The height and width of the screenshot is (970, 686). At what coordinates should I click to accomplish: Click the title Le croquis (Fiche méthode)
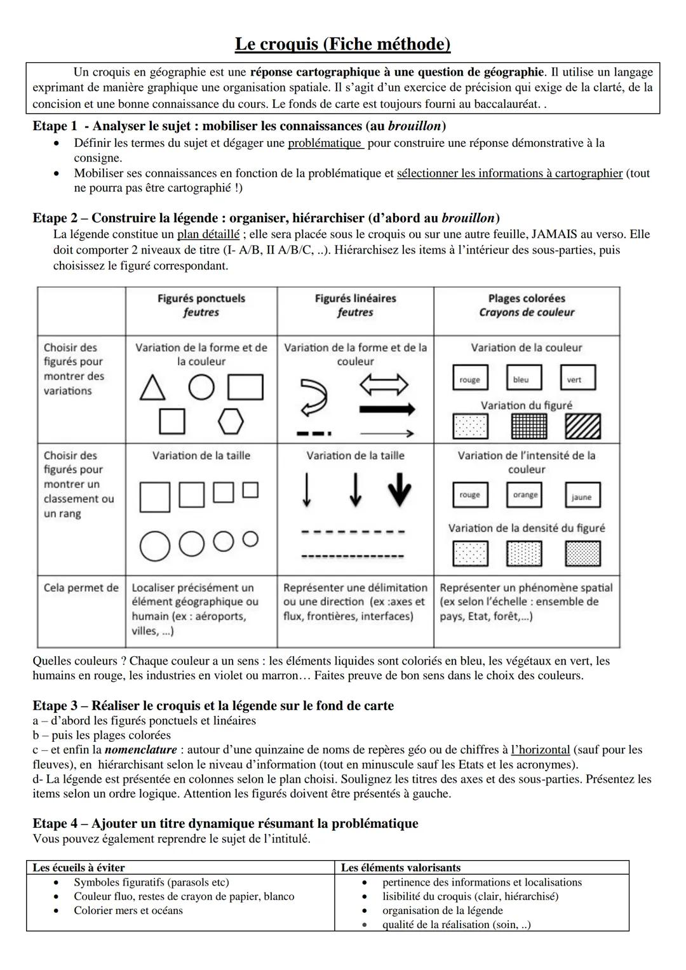point(342,44)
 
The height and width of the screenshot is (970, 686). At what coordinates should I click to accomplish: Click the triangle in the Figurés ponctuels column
point(152,388)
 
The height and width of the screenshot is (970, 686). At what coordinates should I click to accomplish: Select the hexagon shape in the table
point(231,421)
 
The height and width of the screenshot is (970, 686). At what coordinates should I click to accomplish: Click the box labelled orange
point(525,495)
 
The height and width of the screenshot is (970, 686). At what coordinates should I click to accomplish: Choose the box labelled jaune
point(582,495)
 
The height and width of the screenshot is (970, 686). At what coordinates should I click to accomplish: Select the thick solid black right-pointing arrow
point(387,408)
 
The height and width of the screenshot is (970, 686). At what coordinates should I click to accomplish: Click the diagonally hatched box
point(582,426)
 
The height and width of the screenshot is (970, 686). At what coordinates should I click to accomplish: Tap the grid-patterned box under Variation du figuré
point(529,426)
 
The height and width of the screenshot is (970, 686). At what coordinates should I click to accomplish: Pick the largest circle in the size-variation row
point(155,546)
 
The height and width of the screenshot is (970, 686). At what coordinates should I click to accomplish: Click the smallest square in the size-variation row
point(251,490)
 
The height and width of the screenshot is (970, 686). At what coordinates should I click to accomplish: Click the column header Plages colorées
point(527,299)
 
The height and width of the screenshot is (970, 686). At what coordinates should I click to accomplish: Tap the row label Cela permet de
point(81,588)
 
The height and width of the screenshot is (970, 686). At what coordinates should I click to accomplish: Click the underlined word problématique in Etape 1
point(325,143)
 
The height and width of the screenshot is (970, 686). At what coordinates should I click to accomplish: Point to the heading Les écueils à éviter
point(79,868)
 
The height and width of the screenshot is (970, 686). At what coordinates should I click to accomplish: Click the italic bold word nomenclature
point(140,750)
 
